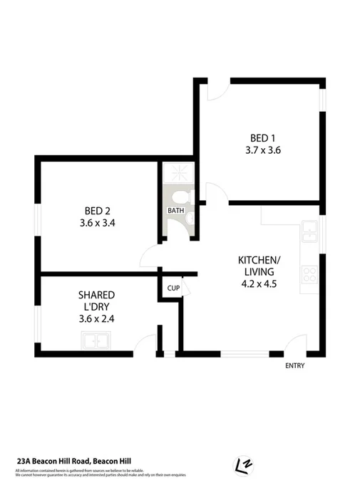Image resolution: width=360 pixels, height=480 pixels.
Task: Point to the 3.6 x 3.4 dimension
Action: point(97,223)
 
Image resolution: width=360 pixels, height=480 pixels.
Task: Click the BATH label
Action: point(175,212)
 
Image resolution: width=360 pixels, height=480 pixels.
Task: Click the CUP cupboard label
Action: point(173,288)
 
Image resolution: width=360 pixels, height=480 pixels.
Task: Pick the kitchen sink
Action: point(311,229)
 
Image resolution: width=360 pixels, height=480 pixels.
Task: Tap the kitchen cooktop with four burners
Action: point(311,274)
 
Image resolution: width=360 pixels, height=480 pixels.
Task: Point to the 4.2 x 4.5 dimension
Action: point(259,283)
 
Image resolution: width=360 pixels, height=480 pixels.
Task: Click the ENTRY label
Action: point(294,366)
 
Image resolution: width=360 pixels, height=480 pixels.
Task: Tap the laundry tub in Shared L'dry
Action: point(97,342)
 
